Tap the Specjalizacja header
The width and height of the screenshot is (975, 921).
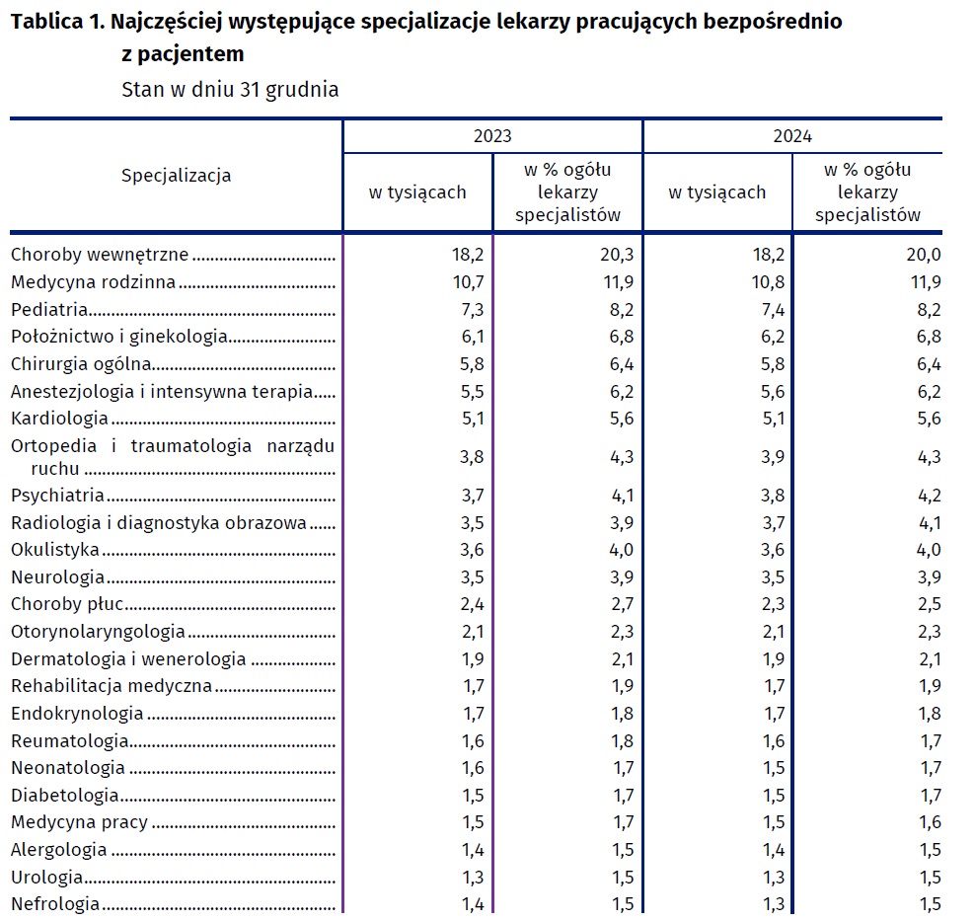pos(176,176)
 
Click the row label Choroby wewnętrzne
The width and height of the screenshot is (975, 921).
pos(99,255)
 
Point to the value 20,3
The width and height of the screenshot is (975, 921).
pos(615,255)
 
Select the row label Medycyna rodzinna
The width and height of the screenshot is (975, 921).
pos(93,282)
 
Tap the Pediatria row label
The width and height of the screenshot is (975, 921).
pos(50,309)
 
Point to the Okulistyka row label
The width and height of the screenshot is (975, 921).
pos(55,550)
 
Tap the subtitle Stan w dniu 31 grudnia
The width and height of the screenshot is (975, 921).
pos(230,89)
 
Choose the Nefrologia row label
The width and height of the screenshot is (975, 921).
pos(55,903)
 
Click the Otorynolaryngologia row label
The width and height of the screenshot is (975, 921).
pos(98,632)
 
